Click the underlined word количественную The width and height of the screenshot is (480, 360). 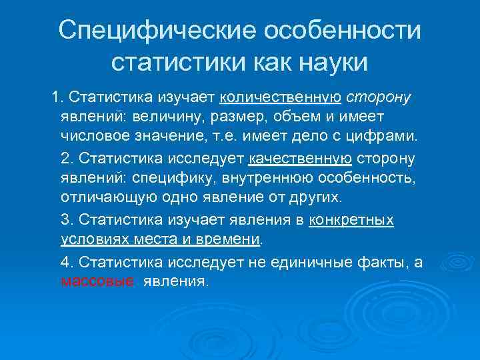[280, 98]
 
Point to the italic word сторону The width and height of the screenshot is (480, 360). [379, 98]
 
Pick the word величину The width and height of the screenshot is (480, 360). [168, 117]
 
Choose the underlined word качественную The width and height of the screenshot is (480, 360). [300, 159]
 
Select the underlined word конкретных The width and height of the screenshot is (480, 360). [351, 220]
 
